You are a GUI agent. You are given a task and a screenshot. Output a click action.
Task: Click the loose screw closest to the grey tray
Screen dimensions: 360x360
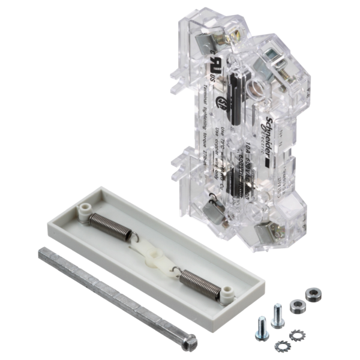[277, 314]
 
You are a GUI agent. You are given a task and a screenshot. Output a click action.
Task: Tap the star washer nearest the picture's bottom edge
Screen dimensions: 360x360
[279, 346]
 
